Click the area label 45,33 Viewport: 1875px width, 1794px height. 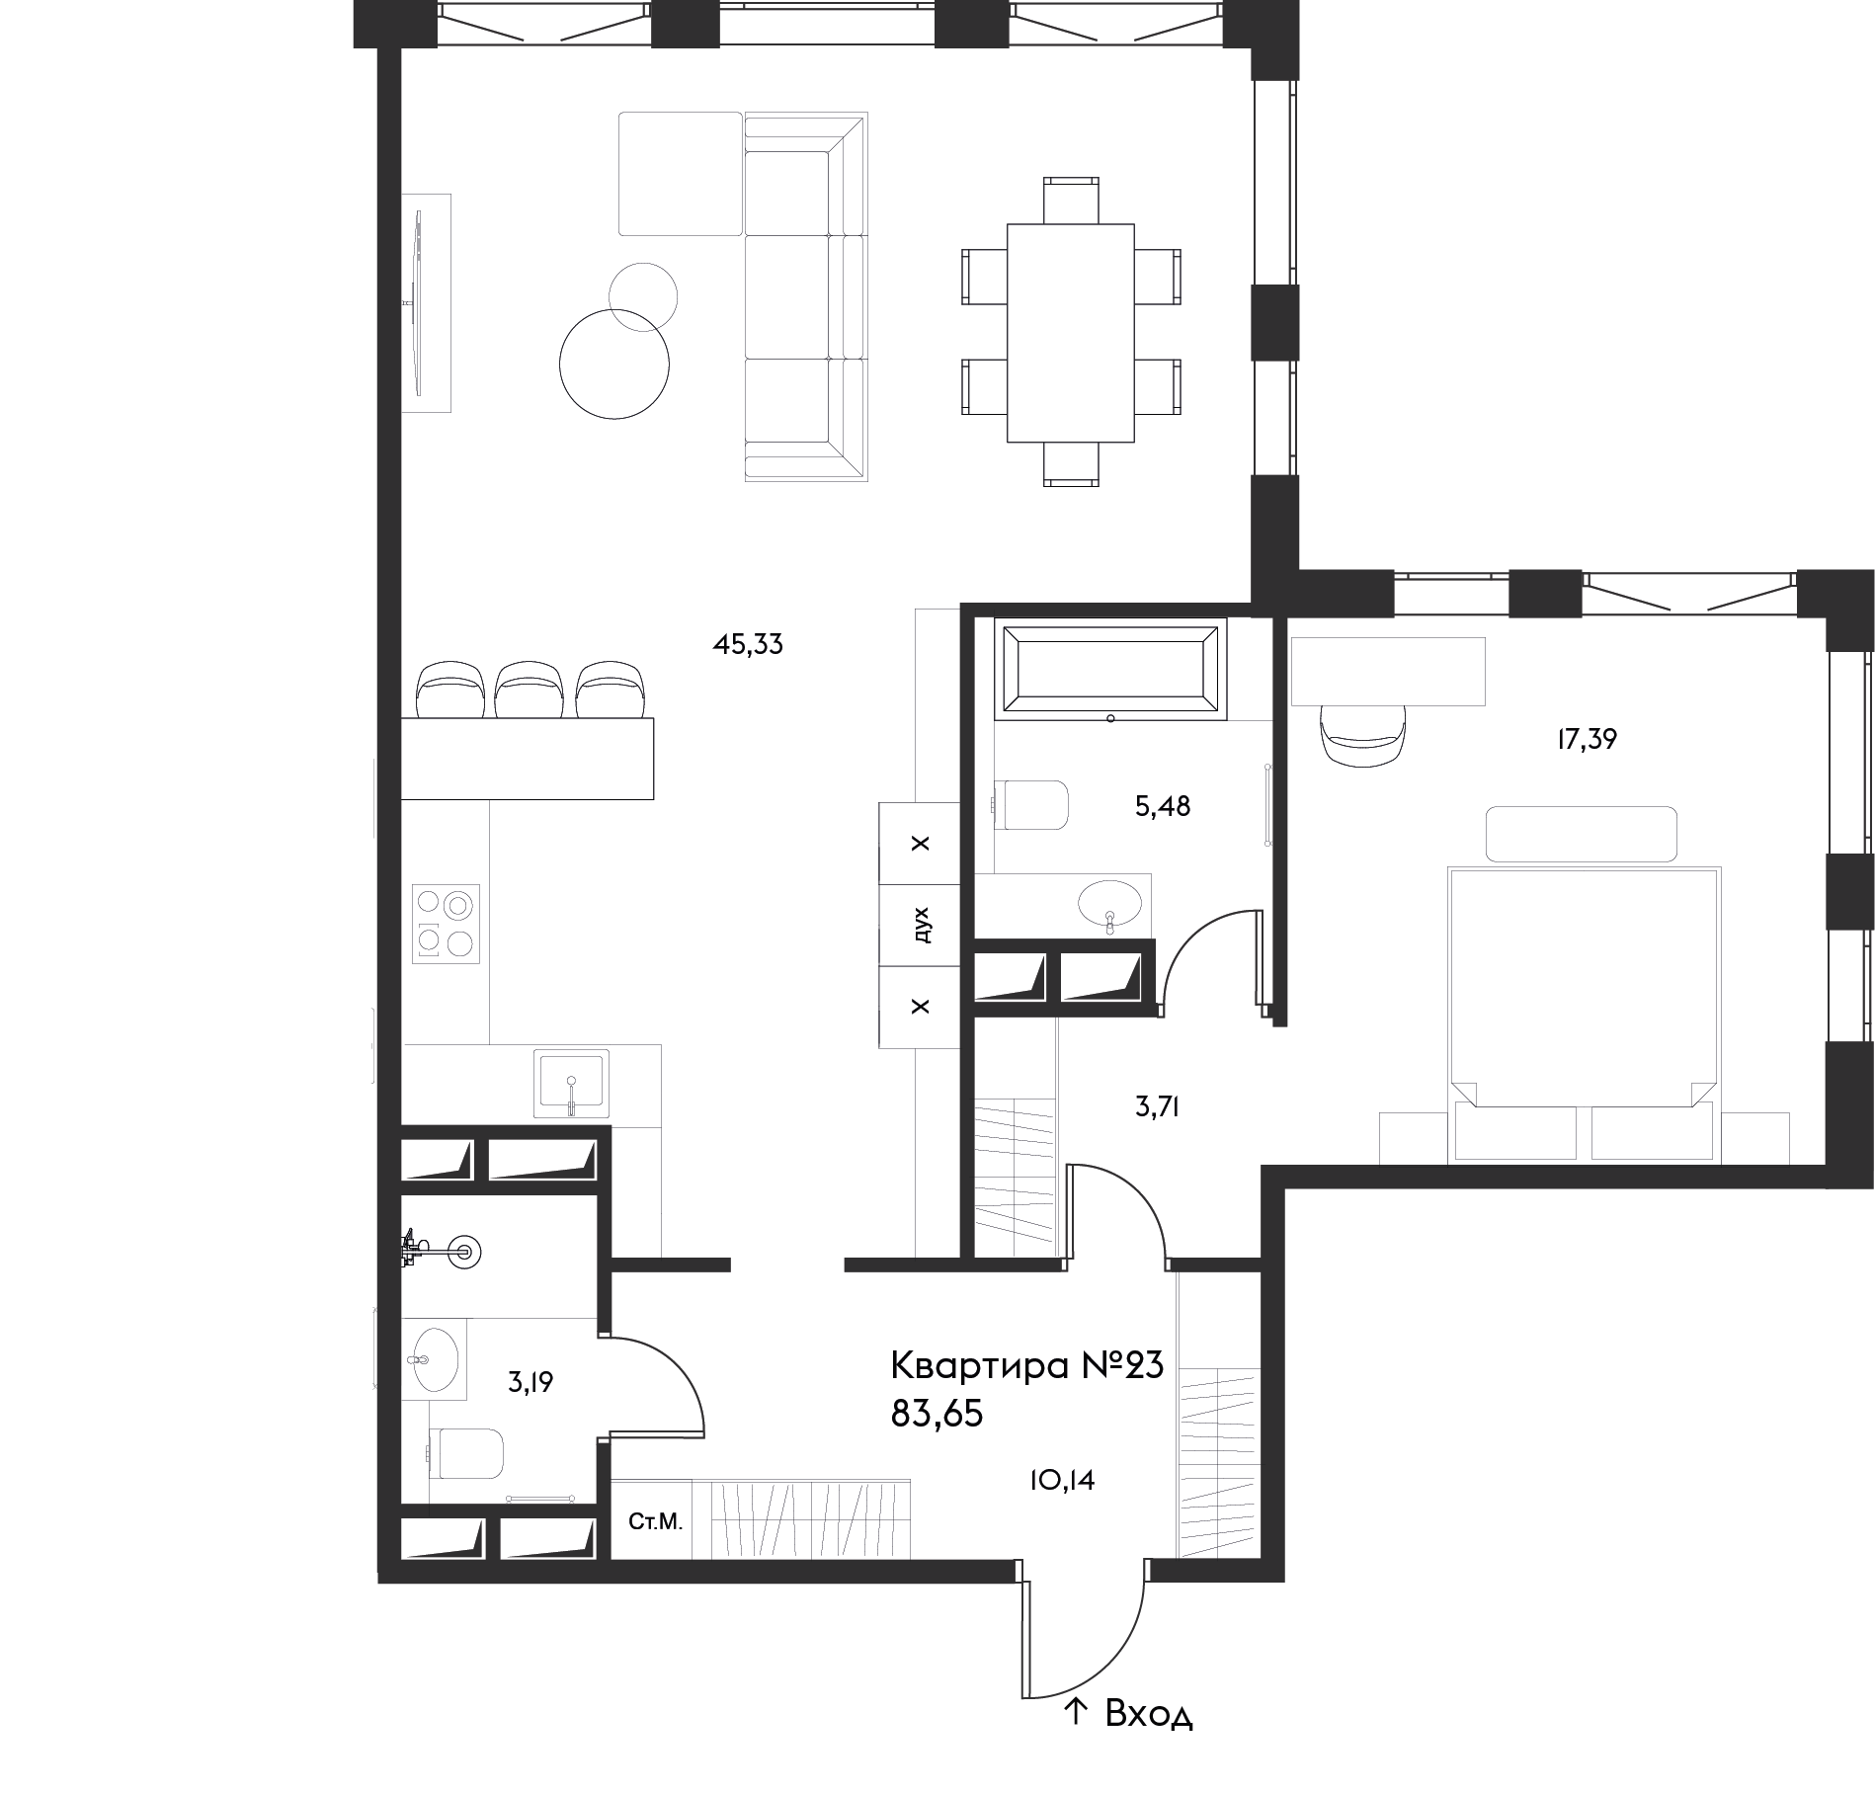(x=748, y=645)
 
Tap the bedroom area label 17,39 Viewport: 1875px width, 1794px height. (x=1587, y=739)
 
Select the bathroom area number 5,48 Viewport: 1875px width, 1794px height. (x=1163, y=807)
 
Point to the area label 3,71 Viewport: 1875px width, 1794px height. (x=1158, y=1107)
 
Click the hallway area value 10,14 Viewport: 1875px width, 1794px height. (x=1061, y=1480)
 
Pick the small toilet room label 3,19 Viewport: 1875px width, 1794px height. (x=530, y=1382)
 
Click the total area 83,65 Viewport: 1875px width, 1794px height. (x=937, y=1415)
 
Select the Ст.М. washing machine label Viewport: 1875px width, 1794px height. (x=656, y=1522)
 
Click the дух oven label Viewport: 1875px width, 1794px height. (x=921, y=926)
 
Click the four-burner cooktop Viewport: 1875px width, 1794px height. (x=446, y=924)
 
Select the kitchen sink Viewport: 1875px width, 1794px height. (x=571, y=1084)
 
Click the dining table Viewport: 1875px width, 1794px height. (x=1070, y=333)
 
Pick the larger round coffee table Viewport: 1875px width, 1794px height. (x=614, y=364)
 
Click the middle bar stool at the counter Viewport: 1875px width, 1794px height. (x=529, y=690)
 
